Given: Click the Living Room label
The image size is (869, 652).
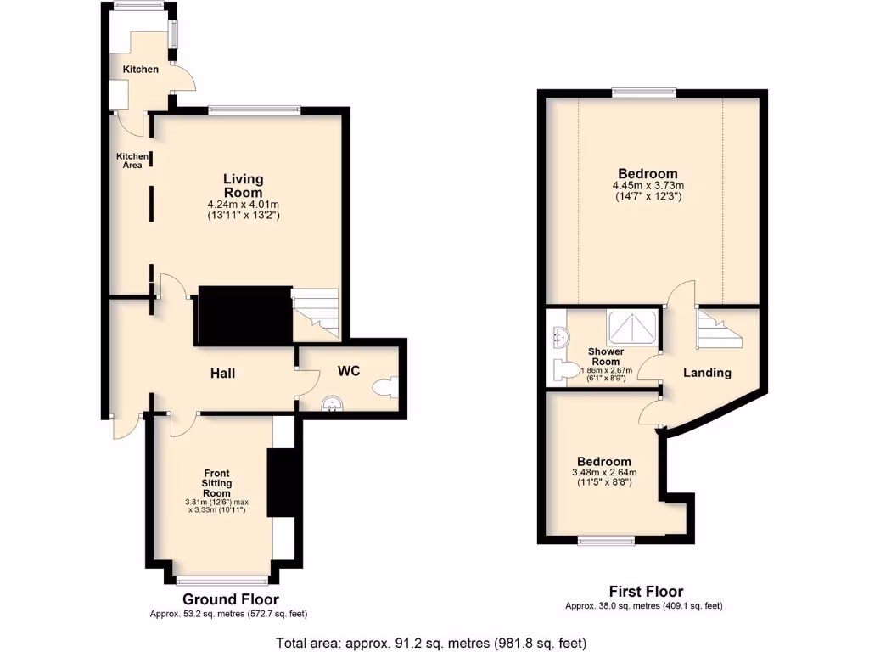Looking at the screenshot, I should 244,186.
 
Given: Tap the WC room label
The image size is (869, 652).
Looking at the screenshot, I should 350,371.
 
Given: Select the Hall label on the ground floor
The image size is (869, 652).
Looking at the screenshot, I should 223,374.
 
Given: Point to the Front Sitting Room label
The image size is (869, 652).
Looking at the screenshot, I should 217,483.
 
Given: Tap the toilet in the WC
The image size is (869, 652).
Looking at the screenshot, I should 383,387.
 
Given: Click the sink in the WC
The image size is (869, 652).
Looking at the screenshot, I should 331,402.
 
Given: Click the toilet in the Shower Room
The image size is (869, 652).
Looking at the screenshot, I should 562,370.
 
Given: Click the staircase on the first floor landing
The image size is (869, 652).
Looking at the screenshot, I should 717,329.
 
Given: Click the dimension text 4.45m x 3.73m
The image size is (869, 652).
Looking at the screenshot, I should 648,186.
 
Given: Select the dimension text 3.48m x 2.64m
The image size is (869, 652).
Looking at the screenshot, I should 604,473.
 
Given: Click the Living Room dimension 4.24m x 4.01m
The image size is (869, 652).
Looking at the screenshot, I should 244,205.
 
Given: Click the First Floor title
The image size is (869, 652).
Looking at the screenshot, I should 646,592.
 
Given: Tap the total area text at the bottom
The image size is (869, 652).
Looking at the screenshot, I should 431,643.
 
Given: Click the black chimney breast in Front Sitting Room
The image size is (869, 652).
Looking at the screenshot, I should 279,482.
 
